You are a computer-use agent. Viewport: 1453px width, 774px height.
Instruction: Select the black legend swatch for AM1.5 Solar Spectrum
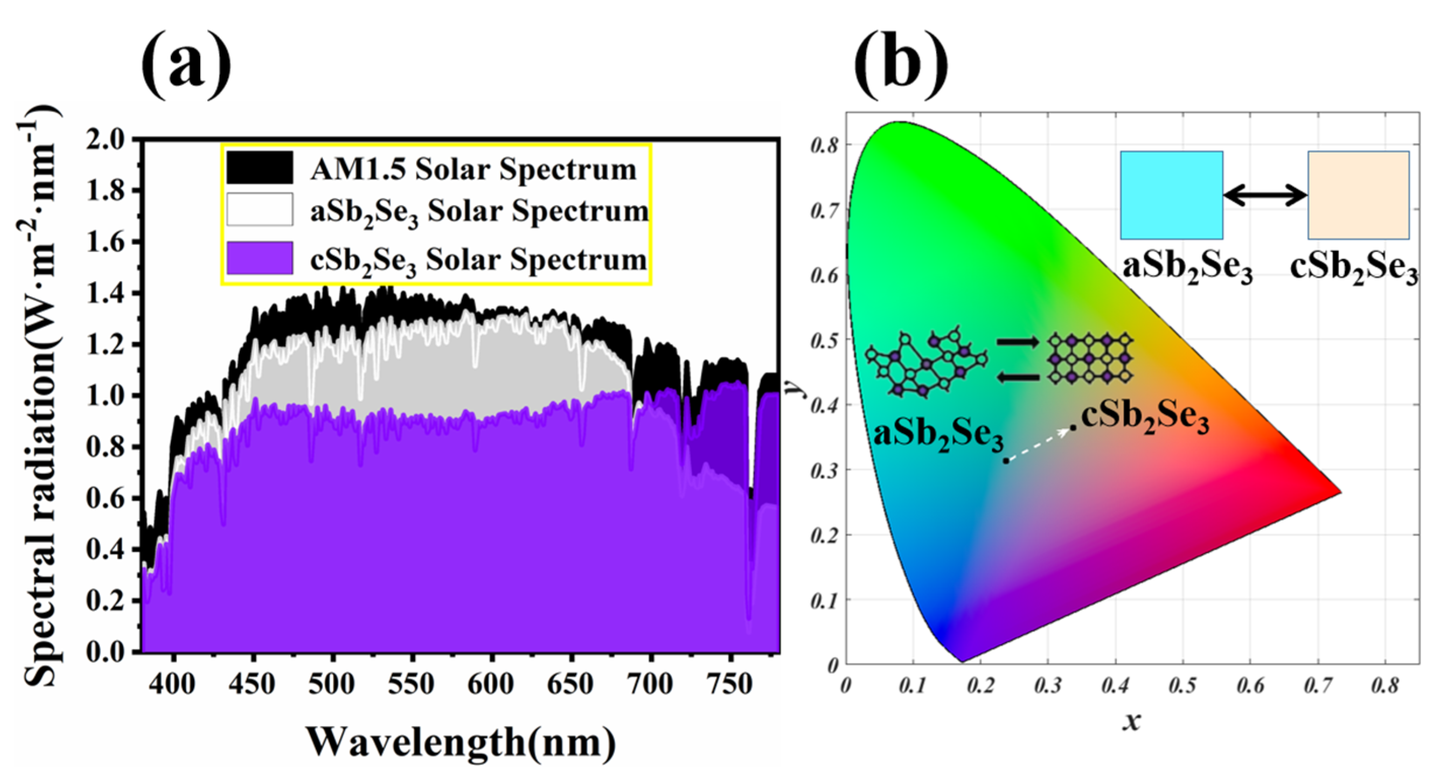[259, 168]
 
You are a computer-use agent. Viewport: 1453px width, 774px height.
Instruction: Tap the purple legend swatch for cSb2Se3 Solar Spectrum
[259, 259]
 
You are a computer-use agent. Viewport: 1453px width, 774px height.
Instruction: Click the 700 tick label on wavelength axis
[650, 684]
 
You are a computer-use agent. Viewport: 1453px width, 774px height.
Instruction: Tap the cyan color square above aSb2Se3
[1172, 195]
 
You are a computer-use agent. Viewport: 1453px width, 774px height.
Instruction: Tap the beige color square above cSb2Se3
[1358, 195]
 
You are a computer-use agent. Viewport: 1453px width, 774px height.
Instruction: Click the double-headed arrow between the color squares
[1265, 196]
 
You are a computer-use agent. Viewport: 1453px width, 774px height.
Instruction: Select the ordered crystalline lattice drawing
[1090, 359]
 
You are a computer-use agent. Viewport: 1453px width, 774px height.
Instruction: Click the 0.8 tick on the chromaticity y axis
[824, 145]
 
